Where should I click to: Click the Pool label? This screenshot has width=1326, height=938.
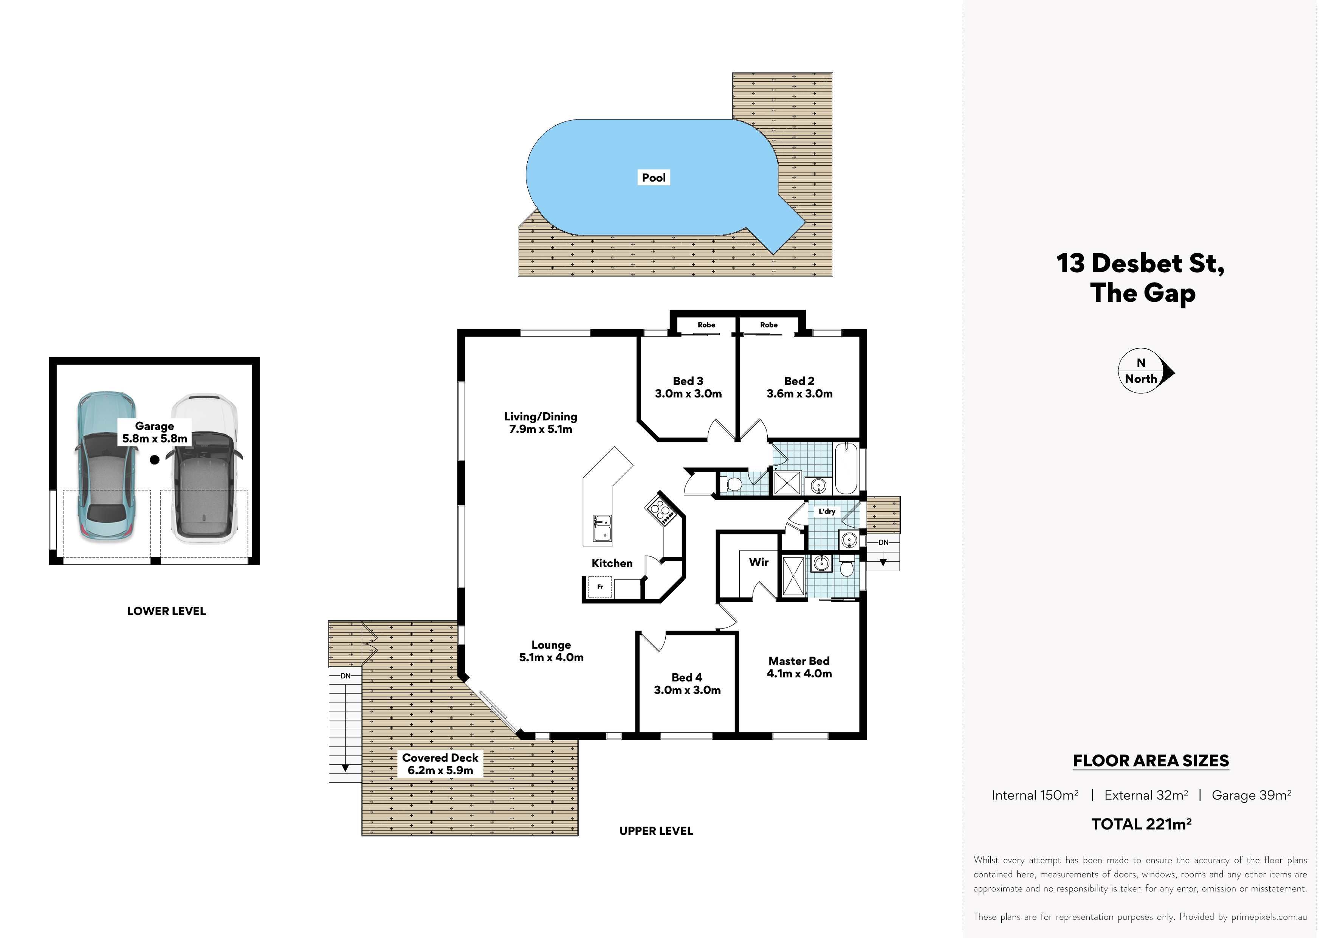[654, 177]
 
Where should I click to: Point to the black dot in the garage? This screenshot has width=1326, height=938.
[155, 460]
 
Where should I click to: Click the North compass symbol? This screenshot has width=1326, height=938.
[1146, 371]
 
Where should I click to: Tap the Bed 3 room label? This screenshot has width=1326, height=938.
[688, 381]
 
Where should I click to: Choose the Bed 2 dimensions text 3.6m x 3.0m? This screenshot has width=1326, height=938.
[799, 394]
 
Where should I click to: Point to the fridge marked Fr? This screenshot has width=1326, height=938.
[599, 587]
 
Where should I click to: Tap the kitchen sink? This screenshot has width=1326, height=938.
[602, 528]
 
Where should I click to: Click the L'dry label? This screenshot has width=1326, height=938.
[826, 511]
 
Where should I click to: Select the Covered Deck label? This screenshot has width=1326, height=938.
[440, 758]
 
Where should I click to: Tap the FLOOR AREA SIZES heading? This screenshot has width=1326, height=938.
[1151, 761]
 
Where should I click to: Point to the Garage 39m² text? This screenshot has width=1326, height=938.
[1251, 795]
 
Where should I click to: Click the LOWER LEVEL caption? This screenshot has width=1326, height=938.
[166, 611]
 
